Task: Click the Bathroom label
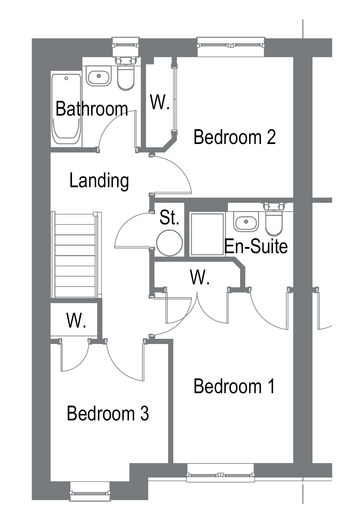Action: (x=92, y=109)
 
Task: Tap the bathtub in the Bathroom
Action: (x=66, y=109)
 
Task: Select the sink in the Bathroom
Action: (x=99, y=76)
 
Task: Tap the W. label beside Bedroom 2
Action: (x=160, y=102)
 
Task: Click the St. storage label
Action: (x=170, y=217)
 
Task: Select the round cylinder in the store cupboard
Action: (x=170, y=243)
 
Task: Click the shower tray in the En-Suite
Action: (x=207, y=234)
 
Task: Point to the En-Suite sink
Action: (x=246, y=222)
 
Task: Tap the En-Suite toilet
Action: (x=274, y=220)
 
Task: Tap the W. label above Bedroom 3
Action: (x=76, y=320)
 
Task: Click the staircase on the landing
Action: (x=76, y=254)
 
